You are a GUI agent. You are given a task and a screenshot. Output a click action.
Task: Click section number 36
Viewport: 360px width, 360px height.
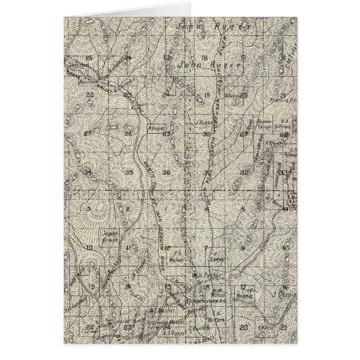click(x=166, y=174)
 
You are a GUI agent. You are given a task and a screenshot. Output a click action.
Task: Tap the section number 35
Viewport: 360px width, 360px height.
click(x=129, y=174)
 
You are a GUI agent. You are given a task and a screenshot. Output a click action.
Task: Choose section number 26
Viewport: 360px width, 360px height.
click(x=128, y=134)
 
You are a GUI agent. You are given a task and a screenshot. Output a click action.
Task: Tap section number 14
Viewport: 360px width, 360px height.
click(x=128, y=58)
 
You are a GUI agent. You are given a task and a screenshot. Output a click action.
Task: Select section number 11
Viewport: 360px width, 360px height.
click(x=128, y=250)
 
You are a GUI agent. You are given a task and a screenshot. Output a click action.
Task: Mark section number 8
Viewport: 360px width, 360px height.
click(x=243, y=249)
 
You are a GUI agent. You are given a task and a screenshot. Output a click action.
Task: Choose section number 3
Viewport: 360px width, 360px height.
click(x=89, y=210)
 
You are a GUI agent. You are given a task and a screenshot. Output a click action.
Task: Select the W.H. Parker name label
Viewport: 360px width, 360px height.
click(x=203, y=275)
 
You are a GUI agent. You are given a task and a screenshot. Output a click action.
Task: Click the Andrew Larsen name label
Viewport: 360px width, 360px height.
click(x=253, y=123)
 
